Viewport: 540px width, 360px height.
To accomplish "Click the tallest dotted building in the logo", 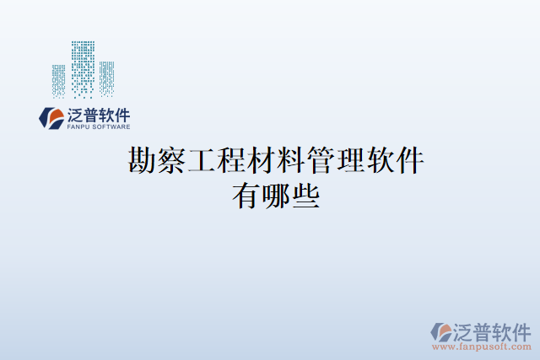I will (83, 69).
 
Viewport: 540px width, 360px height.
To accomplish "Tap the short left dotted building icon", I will (58, 81).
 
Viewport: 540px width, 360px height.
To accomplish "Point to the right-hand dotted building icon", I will (106, 78).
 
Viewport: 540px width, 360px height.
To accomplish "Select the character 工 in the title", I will (202, 160).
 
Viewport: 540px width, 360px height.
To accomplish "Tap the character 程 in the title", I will (231, 160).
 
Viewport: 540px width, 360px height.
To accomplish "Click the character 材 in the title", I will (262, 160).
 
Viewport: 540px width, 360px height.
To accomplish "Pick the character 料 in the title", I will (291, 160).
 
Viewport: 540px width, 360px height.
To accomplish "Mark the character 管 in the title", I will (321, 160).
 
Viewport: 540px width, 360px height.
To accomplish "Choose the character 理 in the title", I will (351, 160).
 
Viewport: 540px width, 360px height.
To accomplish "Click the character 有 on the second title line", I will (246, 197).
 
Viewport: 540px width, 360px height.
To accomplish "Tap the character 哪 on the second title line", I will (276, 197).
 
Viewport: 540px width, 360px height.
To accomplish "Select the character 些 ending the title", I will (305, 197).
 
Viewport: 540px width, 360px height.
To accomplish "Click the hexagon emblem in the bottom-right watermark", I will (441, 331).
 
